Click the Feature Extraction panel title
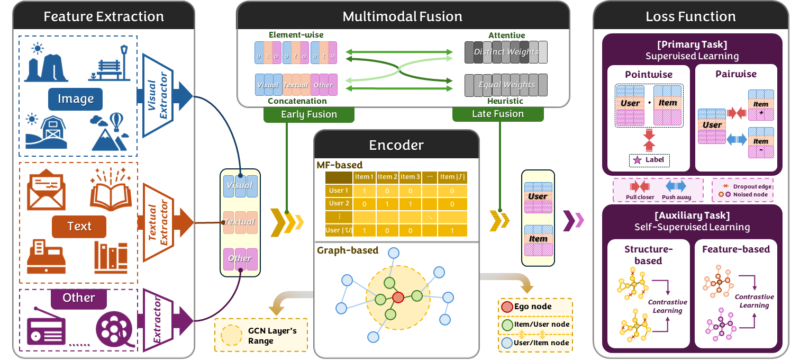(x=104, y=16)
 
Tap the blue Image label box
(x=76, y=99)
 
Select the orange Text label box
(x=79, y=227)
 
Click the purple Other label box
(x=78, y=298)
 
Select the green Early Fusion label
(x=308, y=114)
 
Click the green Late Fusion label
(x=498, y=114)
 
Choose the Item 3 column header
(x=410, y=177)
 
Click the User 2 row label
(x=339, y=203)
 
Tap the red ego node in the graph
(x=398, y=297)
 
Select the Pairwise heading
(x=736, y=74)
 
